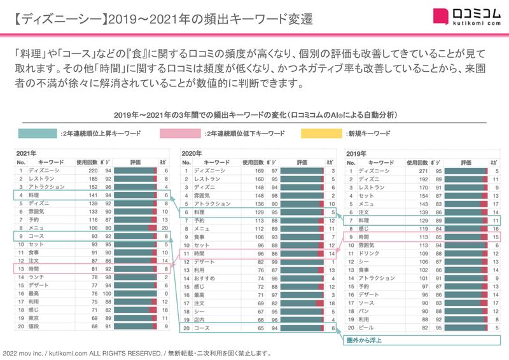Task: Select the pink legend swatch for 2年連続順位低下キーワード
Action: tap(180, 134)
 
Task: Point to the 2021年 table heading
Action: tap(27, 153)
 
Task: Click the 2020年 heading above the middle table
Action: tap(192, 153)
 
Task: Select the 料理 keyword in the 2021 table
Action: tap(35, 195)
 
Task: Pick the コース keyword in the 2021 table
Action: tap(36, 235)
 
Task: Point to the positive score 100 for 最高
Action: tap(109, 293)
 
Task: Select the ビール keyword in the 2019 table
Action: tap(367, 326)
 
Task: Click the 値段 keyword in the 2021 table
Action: tap(35, 326)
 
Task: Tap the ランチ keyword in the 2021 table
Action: tap(36, 277)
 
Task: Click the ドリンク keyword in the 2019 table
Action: tap(369, 253)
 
